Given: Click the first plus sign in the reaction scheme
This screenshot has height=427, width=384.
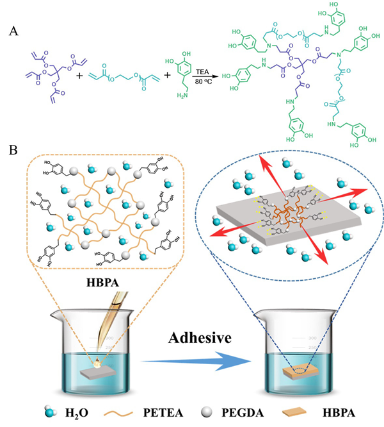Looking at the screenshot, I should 80,75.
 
